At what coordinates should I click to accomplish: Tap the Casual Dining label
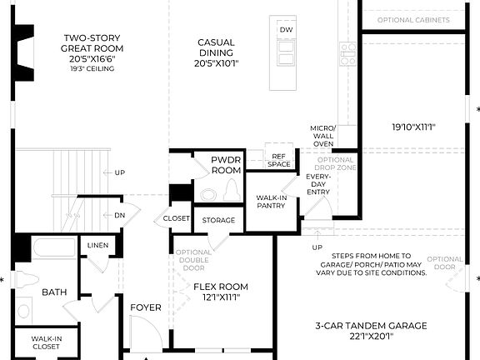tap(216, 47)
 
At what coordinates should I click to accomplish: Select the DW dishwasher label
tap(287, 30)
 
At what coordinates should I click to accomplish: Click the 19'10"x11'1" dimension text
tap(414, 127)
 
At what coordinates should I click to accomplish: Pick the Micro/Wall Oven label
tap(322, 136)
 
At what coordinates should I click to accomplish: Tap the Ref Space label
tap(278, 160)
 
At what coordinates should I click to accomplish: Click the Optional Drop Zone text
tap(336, 165)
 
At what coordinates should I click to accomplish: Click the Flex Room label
tap(221, 292)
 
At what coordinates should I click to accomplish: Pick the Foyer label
tap(146, 307)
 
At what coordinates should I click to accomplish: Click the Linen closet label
tap(97, 244)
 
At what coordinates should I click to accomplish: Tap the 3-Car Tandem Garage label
tap(372, 331)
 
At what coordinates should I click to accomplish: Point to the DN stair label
tap(119, 214)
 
